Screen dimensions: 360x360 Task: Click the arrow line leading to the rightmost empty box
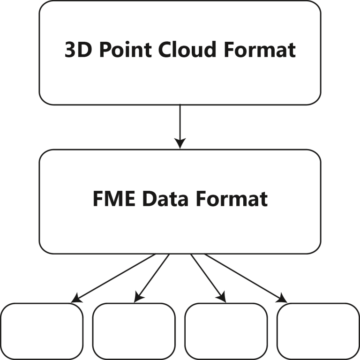tap(244, 277)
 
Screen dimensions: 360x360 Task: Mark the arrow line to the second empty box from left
tap(152, 277)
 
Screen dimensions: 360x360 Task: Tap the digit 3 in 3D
tap(69, 50)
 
